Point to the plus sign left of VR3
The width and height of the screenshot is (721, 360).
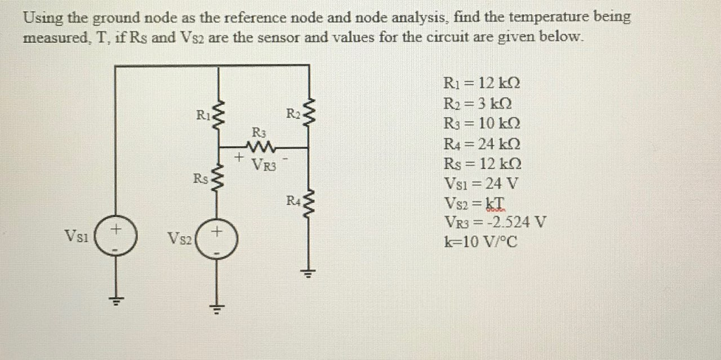tap(240, 159)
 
